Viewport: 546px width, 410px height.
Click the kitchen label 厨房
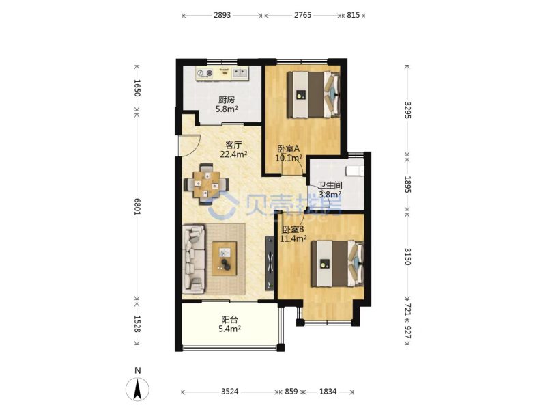[x=227, y=100]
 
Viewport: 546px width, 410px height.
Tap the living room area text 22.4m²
[x=233, y=154]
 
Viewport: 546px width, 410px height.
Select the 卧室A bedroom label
[x=288, y=149]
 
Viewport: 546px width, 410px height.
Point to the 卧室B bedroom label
[x=293, y=230]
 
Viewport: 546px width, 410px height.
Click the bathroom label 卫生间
[x=330, y=185]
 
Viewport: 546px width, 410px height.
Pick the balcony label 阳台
[x=230, y=319]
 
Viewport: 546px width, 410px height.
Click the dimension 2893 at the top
[x=222, y=15]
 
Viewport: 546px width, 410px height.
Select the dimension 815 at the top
[x=353, y=15]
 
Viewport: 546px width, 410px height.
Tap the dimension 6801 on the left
[x=137, y=206]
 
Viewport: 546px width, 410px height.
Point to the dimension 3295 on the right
[x=407, y=109]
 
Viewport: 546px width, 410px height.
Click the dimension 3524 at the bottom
[x=230, y=392]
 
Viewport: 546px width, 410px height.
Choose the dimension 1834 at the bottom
[x=328, y=392]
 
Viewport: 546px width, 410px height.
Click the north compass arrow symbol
[x=138, y=389]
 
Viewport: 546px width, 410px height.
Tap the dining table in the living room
[x=207, y=184]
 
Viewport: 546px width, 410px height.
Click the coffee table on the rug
[x=225, y=258]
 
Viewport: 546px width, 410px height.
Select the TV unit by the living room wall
[x=270, y=263]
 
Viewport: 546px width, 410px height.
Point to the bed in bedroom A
[x=313, y=95]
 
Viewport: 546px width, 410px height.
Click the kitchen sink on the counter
[x=240, y=72]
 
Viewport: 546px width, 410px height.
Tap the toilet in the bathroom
[x=354, y=171]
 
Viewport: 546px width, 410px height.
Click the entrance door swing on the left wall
[x=188, y=146]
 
